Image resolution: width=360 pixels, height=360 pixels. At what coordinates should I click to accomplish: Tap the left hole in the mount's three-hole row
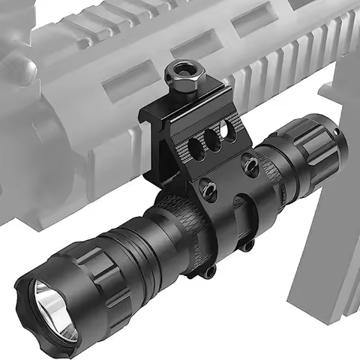(x=199, y=143)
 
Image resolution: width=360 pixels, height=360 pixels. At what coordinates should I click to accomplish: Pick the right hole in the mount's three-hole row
(x=230, y=135)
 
